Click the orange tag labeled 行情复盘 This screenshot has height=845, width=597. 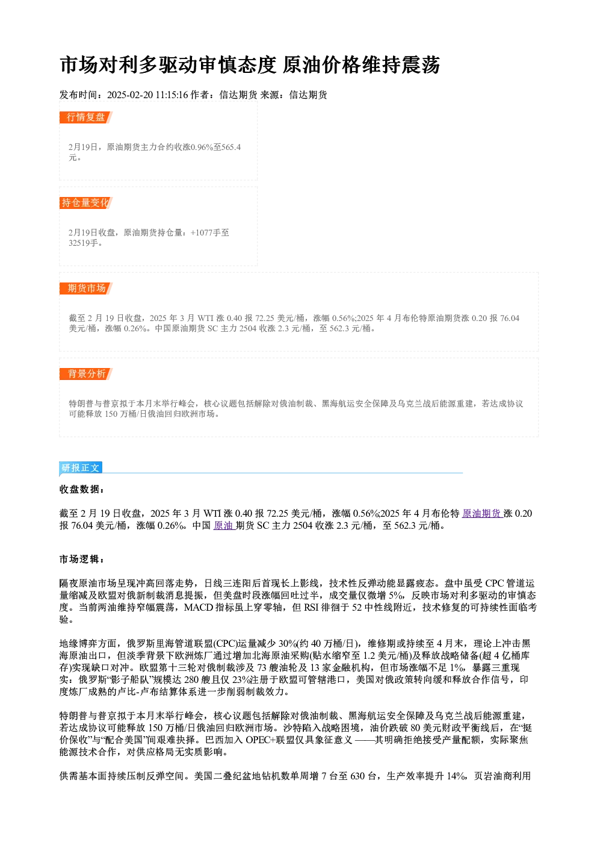(x=86, y=117)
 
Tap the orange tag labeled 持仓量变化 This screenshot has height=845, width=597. (x=86, y=203)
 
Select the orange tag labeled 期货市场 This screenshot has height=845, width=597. (x=86, y=288)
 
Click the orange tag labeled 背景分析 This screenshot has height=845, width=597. (x=86, y=374)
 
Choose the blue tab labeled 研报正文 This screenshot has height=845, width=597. (x=81, y=468)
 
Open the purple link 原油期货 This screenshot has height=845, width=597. (x=483, y=513)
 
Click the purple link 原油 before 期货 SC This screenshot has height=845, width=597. (x=224, y=525)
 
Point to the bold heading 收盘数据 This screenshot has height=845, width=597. (x=81, y=489)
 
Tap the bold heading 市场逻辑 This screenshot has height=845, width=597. (x=81, y=559)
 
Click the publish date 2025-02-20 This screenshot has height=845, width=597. (x=130, y=95)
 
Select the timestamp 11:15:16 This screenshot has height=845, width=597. (x=172, y=95)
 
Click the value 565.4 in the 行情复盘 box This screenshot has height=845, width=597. (x=231, y=147)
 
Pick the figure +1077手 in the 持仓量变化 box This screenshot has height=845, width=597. (x=205, y=232)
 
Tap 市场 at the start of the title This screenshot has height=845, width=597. (x=79, y=65)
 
